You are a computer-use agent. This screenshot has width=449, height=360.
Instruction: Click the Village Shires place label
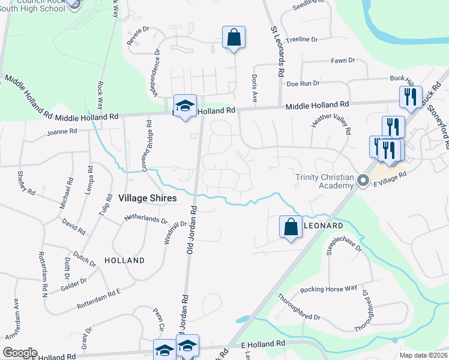coord(147,198)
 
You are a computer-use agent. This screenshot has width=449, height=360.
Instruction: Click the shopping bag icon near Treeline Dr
coord(234,38)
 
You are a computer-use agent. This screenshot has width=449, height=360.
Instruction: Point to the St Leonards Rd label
coord(278,51)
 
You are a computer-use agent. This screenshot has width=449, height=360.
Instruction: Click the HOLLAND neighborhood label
coord(124,260)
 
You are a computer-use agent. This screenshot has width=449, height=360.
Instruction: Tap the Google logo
coord(20,353)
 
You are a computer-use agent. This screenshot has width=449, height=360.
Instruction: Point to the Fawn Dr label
coord(343,61)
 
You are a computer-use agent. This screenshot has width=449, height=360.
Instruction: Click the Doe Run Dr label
coord(303,83)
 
